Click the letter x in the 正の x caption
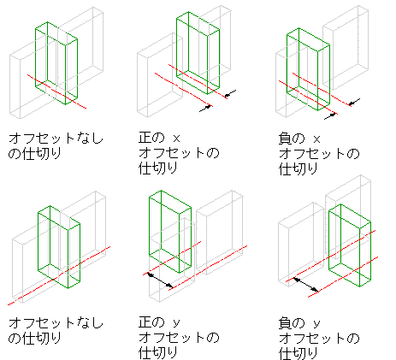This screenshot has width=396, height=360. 177,139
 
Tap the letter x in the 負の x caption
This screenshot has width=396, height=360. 316,139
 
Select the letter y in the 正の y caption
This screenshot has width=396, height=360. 177,323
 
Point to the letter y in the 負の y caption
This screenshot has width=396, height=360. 316,323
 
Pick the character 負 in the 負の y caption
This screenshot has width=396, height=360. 285,323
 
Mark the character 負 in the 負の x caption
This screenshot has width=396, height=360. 285,139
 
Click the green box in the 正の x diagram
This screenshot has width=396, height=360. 177,51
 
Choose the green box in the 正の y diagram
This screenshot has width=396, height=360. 150,228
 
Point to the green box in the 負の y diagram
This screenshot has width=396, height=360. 329,242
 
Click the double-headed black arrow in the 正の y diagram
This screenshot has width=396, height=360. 160,280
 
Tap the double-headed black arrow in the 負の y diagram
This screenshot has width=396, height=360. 306,285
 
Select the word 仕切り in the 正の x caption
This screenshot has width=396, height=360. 158,168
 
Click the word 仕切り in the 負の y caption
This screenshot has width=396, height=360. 298,353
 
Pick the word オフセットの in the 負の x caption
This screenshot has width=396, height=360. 319,154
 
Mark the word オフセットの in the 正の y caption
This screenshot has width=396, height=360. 179,338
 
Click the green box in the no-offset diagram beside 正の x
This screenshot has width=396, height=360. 36,57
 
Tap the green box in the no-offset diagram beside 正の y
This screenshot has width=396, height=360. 38,242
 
